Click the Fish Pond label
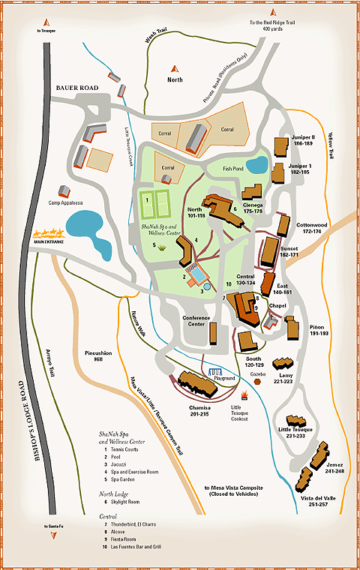pyautogui.click(x=236, y=169)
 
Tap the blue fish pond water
pyautogui.click(x=256, y=163)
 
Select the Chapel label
pyautogui.click(x=278, y=305)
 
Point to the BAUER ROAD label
pyautogui.click(x=77, y=88)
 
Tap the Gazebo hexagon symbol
pyautogui.click(x=257, y=381)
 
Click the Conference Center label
pyautogui.click(x=196, y=321)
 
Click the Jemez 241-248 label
pyautogui.click(x=334, y=467)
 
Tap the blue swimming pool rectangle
pyautogui.click(x=199, y=275)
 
